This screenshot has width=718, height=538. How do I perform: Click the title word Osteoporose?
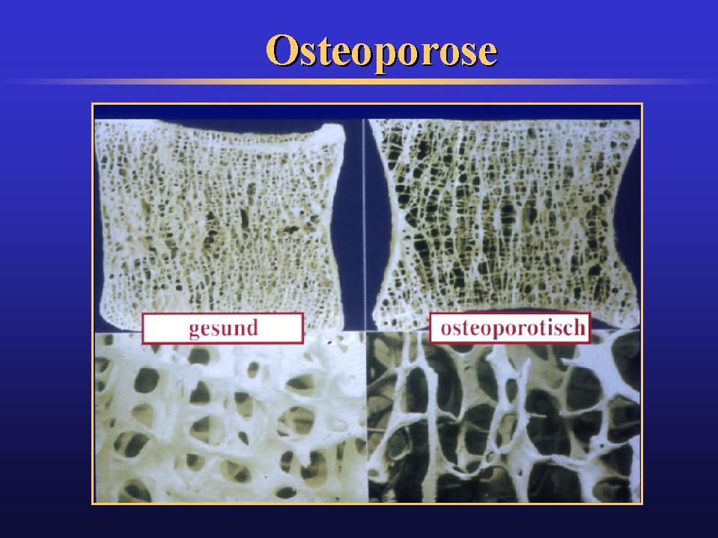[x=381, y=52]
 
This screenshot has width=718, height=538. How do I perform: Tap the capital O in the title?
[x=282, y=51]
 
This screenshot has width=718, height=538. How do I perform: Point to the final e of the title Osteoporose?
[x=486, y=54]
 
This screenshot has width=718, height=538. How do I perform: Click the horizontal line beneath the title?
[x=359, y=81]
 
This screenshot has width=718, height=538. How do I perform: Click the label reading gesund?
[x=222, y=328]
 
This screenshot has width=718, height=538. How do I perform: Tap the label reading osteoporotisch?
[x=511, y=328]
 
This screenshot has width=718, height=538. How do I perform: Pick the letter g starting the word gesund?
[x=195, y=330]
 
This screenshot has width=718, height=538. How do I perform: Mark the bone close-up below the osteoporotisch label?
[x=503, y=423]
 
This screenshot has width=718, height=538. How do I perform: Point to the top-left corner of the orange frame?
[x=92, y=103]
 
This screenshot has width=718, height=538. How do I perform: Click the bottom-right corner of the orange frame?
[x=642, y=504]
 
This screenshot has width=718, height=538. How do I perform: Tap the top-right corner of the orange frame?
[x=642, y=103]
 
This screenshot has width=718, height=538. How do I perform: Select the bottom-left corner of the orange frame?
[x=92, y=504]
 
